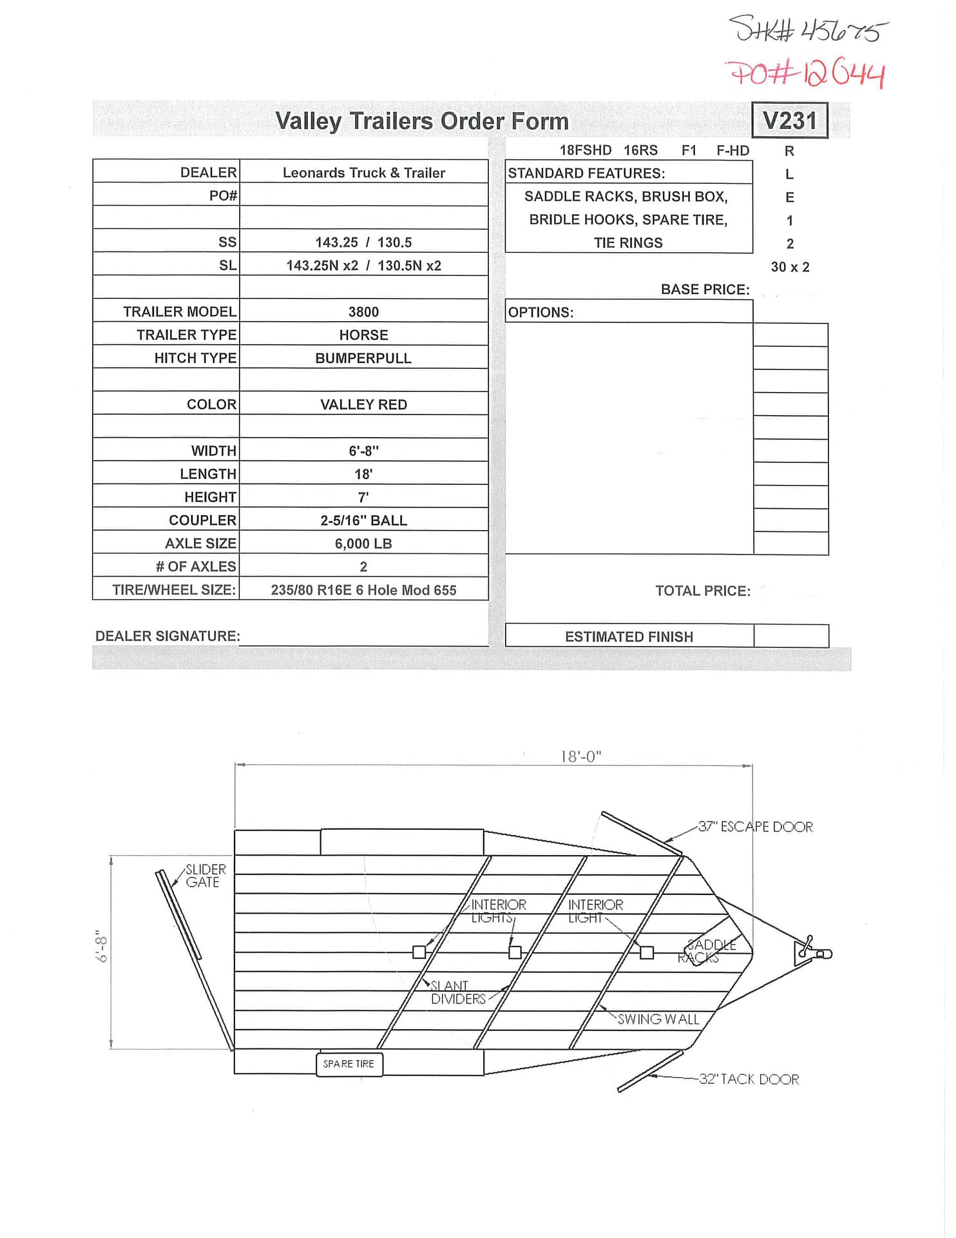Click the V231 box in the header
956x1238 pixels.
[x=789, y=121]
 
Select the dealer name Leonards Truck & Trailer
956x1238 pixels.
[x=363, y=173]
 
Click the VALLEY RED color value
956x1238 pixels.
[x=363, y=405]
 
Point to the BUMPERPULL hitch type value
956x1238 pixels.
[x=363, y=359]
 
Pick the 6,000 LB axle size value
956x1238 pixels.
[x=363, y=544]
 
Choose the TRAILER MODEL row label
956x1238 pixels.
[x=180, y=312]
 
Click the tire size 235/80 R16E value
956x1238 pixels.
[x=363, y=590]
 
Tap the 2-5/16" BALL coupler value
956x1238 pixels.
[x=363, y=520]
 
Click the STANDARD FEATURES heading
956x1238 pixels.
[x=586, y=173]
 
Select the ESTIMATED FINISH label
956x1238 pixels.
[x=629, y=637]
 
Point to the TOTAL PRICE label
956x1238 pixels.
[x=703, y=591]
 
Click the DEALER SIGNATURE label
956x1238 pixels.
[x=167, y=636]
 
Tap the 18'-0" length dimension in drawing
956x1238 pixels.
[x=580, y=756]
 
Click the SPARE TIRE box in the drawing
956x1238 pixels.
[x=349, y=1064]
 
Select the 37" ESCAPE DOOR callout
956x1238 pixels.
[x=755, y=827]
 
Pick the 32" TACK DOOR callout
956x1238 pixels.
[x=749, y=1079]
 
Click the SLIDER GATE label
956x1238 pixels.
[x=205, y=876]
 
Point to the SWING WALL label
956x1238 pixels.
[x=658, y=1019]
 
